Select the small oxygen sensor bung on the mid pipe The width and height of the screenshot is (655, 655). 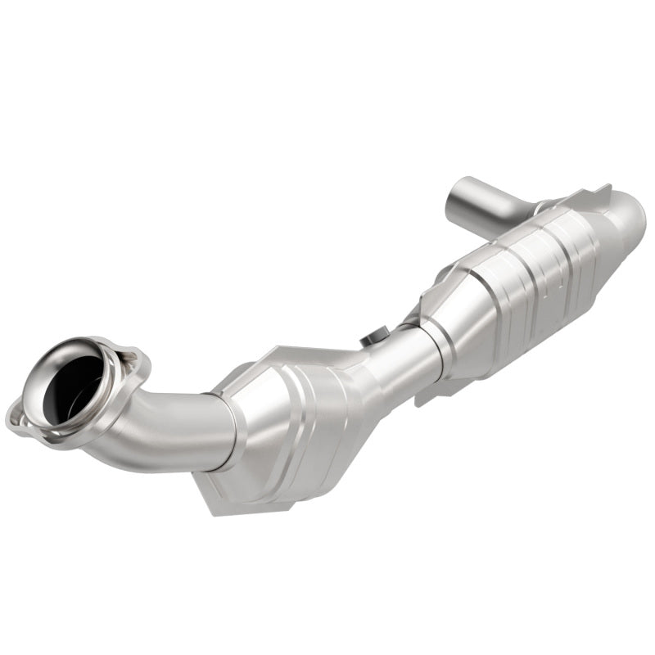coord(377,337)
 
